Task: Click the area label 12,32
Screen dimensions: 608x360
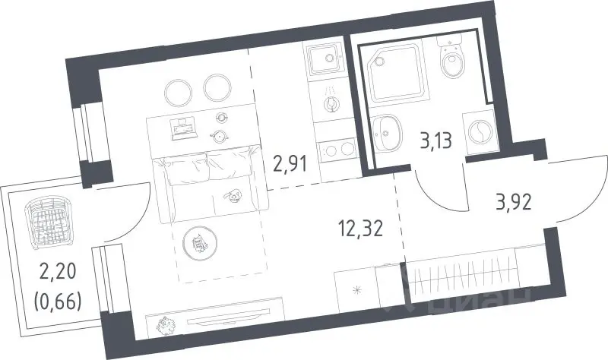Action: (361, 229)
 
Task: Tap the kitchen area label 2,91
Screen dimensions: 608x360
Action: (290, 163)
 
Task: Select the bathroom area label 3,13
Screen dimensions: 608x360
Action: (436, 141)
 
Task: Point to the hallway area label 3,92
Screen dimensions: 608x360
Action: (514, 202)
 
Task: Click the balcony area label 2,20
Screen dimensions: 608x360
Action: (58, 272)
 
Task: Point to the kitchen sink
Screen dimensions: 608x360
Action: (325, 59)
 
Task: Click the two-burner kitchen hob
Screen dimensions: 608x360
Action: (337, 150)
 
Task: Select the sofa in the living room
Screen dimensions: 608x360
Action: (211, 185)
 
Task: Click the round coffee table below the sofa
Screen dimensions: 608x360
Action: (200, 242)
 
